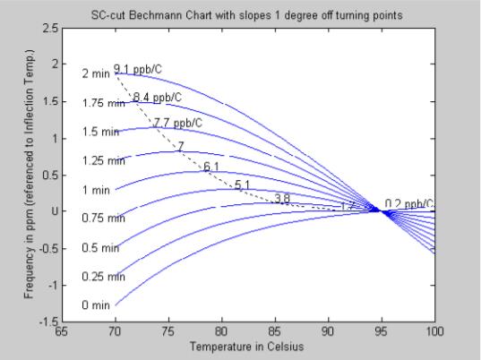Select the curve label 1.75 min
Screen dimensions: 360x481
[102, 103]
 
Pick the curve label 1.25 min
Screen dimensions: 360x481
[102, 161]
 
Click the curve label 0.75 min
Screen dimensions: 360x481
[102, 219]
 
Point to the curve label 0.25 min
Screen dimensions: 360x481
[102, 277]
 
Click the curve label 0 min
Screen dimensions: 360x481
[95, 305]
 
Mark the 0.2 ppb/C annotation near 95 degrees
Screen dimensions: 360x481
[410, 203]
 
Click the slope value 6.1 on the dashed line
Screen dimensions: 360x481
[211, 167]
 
